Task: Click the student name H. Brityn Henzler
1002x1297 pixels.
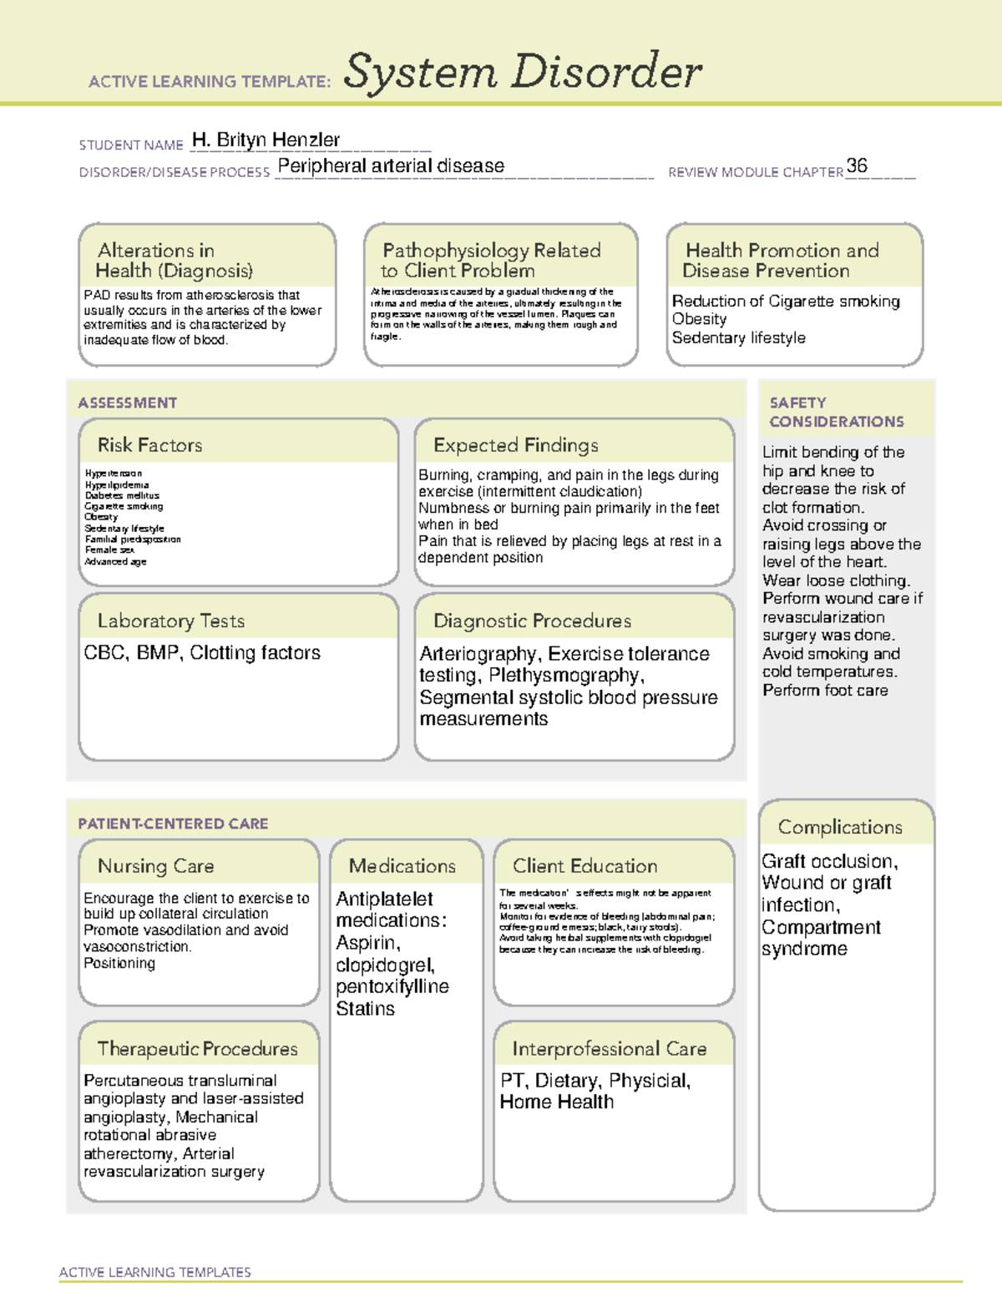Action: coord(266,140)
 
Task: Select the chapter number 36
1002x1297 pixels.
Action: coord(857,165)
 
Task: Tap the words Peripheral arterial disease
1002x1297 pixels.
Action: coord(391,166)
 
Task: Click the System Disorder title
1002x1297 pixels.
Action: coord(523,72)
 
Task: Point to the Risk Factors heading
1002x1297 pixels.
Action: coord(149,445)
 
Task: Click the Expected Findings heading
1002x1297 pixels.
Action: coord(515,445)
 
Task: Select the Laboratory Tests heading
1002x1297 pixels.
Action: coord(170,621)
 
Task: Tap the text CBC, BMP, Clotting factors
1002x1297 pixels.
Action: coord(202,653)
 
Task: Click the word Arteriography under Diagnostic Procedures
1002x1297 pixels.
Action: coord(478,654)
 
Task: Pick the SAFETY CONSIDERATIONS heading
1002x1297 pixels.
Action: coord(836,413)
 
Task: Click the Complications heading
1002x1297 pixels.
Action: coord(840,827)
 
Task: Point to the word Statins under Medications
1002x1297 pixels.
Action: coord(365,1009)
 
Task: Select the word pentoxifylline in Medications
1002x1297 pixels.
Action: coord(392,987)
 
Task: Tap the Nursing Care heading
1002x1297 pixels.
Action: coord(155,866)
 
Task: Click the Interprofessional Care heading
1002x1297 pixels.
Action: coord(609,1048)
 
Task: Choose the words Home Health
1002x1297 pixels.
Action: coord(556,1102)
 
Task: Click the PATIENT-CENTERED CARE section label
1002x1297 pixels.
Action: coord(173,823)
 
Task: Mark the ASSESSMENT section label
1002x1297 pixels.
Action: coord(127,403)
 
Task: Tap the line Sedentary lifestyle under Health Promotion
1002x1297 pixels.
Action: coord(738,337)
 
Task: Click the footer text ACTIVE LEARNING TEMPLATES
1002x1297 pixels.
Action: coord(154,1272)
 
